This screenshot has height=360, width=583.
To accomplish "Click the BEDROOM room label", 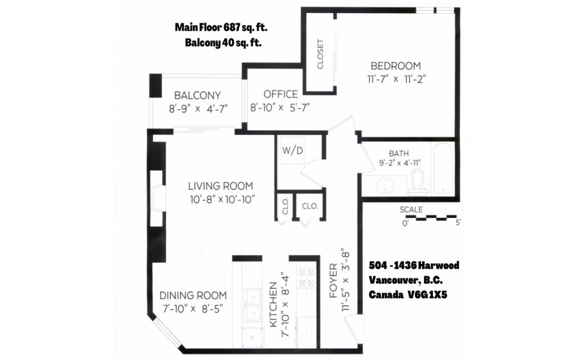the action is pyautogui.click(x=396, y=66).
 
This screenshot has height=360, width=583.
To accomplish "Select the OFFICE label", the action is pyautogui.click(x=281, y=94).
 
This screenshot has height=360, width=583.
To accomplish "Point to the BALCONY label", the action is pyautogui.click(x=198, y=95).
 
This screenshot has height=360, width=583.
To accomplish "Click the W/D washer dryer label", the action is pyautogui.click(x=293, y=151).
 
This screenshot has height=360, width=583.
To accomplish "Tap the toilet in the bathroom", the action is pyautogui.click(x=417, y=182).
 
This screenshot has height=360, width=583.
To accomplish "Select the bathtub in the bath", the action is pyautogui.click(x=443, y=168).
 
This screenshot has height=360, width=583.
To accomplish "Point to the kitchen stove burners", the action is pyautogui.click(x=307, y=278).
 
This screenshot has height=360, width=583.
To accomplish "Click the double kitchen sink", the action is pyautogui.click(x=253, y=305).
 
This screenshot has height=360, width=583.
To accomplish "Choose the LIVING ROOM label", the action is pyautogui.click(x=220, y=186).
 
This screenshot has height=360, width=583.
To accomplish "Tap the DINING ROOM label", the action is pyautogui.click(x=193, y=296).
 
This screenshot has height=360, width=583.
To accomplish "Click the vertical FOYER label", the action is pyautogui.click(x=333, y=280).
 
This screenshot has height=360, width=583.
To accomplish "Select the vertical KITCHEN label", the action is pyautogui.click(x=273, y=305).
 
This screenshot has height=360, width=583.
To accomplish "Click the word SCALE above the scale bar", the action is pyautogui.click(x=412, y=210).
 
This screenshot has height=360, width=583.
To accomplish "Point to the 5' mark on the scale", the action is pyautogui.click(x=458, y=223).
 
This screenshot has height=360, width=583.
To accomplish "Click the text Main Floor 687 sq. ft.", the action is pyautogui.click(x=222, y=27).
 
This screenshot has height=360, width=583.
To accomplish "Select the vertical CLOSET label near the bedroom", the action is pyautogui.click(x=320, y=54).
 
